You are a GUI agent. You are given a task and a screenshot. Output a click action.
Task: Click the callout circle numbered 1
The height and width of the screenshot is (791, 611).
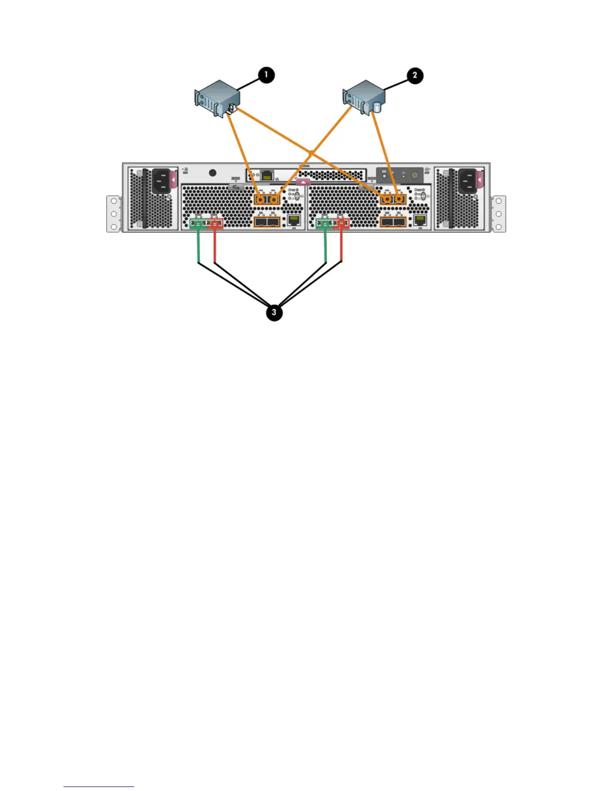[266, 75]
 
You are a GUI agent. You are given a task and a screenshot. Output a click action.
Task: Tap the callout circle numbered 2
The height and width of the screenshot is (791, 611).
[414, 76]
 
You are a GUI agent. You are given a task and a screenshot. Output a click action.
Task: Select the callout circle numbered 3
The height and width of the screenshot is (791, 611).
[274, 313]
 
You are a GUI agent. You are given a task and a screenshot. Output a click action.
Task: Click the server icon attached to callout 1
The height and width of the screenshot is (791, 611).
[214, 99]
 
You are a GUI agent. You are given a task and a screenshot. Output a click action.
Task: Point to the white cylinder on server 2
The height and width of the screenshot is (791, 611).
[377, 107]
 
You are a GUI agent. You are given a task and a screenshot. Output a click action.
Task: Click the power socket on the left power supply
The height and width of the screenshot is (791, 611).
[160, 180]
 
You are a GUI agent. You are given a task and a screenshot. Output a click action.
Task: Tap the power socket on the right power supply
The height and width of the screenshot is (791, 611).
[468, 180]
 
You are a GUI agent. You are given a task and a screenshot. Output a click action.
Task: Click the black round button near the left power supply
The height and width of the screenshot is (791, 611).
[213, 173]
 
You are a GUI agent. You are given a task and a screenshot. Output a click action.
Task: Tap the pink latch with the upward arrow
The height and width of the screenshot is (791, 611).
[303, 182]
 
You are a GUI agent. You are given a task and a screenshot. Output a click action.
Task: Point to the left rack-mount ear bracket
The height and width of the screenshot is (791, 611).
[114, 214]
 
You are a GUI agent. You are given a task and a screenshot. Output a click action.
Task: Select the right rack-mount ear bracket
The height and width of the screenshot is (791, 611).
[499, 214]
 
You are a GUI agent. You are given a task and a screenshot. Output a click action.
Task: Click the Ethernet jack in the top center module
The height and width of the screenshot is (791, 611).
[268, 175]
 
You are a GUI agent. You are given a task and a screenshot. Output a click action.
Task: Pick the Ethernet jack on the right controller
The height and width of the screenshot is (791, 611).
[420, 220]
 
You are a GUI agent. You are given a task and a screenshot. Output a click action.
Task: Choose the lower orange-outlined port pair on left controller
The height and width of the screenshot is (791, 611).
[267, 221]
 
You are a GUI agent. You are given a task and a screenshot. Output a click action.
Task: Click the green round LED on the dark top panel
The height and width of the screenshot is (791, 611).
[414, 175]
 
